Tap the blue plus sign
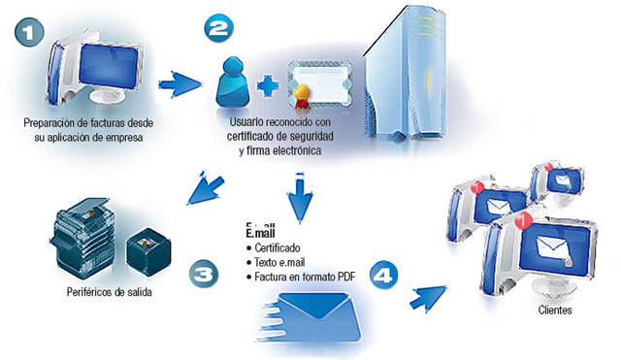coord(269,84)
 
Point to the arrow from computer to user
coord(179,85)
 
